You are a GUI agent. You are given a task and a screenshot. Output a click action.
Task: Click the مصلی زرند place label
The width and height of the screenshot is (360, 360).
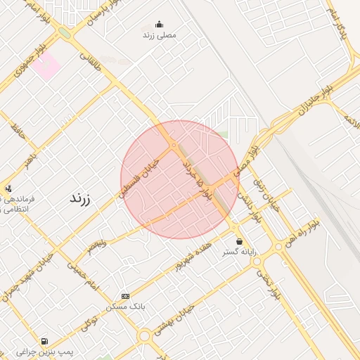coord(160,34)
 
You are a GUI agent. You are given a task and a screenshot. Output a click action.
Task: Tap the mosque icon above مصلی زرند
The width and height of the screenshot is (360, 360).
coord(159,24)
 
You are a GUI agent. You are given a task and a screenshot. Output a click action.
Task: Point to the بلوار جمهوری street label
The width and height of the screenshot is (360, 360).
coord(20,63)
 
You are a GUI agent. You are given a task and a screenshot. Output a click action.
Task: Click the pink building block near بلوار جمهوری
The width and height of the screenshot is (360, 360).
coord(47,67)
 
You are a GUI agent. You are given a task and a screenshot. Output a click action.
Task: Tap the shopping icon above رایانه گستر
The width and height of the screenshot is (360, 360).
coord(239,241)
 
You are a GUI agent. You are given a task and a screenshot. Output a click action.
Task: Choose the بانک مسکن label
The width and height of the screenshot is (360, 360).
coord(125,307)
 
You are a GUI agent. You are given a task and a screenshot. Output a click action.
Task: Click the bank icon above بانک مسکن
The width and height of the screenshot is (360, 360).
coord(125,296)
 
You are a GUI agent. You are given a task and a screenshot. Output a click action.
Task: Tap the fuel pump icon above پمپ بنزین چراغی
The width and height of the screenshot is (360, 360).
coord(45,340)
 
